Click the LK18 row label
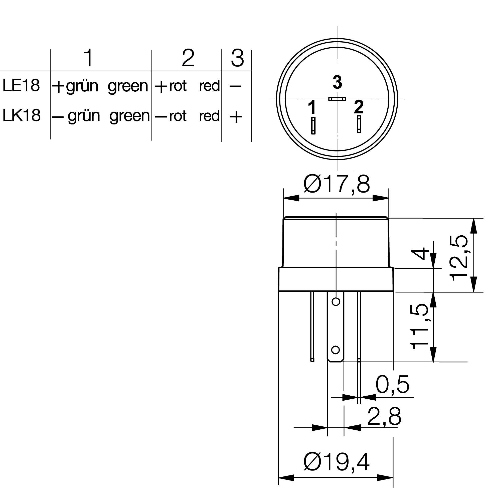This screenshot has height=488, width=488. pyautogui.click(x=22, y=116)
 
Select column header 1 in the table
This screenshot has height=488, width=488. pyautogui.click(x=88, y=58)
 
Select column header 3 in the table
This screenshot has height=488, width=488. pyautogui.click(x=237, y=58)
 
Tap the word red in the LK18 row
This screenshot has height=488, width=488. pyautogui.click(x=209, y=116)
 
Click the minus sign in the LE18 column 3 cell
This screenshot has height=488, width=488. pyautogui.click(x=235, y=87)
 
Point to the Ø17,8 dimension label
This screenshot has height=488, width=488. pyautogui.click(x=337, y=184)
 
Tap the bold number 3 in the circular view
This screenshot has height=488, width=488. pyautogui.click(x=338, y=82)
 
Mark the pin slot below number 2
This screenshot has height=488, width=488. pyautogui.click(x=359, y=124)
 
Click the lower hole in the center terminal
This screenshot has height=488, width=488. pyautogui.click(x=335, y=350)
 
